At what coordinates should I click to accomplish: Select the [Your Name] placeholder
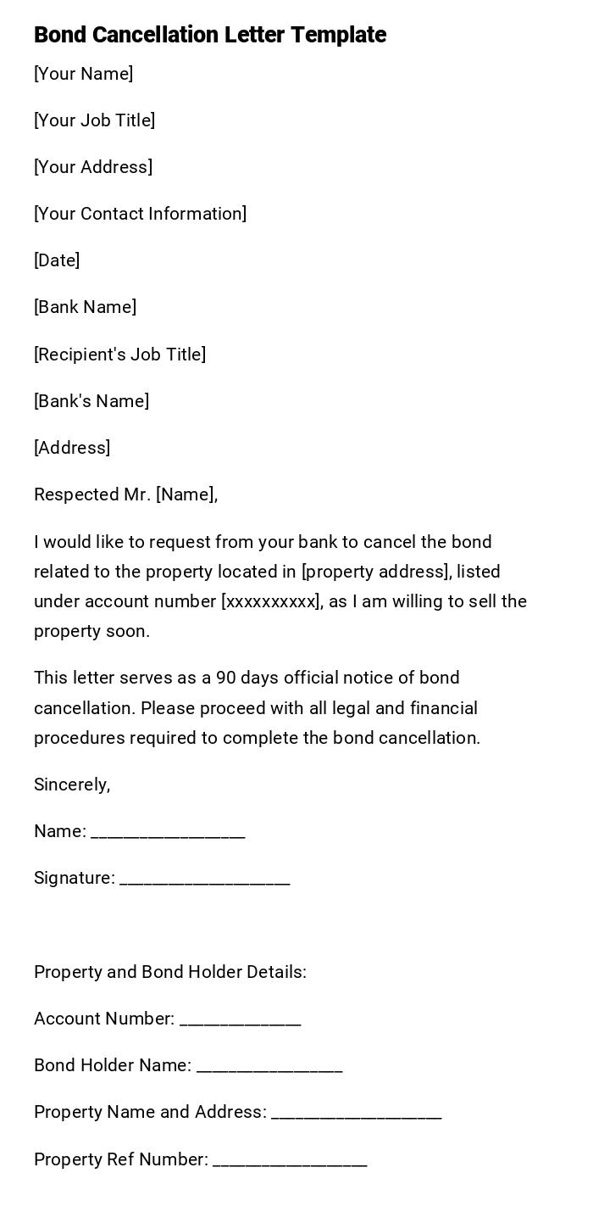click(83, 74)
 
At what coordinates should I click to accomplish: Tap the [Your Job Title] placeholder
click(94, 120)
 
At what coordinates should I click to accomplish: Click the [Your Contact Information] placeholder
click(140, 214)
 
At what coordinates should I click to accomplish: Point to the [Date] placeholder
click(57, 260)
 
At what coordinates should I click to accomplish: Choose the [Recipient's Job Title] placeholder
click(119, 355)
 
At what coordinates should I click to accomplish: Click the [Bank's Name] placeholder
click(91, 401)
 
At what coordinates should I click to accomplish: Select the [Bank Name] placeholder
click(85, 307)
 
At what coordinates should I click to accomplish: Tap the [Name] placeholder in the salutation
click(185, 494)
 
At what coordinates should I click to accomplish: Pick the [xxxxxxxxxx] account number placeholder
click(270, 601)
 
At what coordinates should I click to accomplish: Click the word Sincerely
click(72, 785)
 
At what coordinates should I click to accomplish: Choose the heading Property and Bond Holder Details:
click(170, 972)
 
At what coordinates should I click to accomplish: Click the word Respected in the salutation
click(75, 494)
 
